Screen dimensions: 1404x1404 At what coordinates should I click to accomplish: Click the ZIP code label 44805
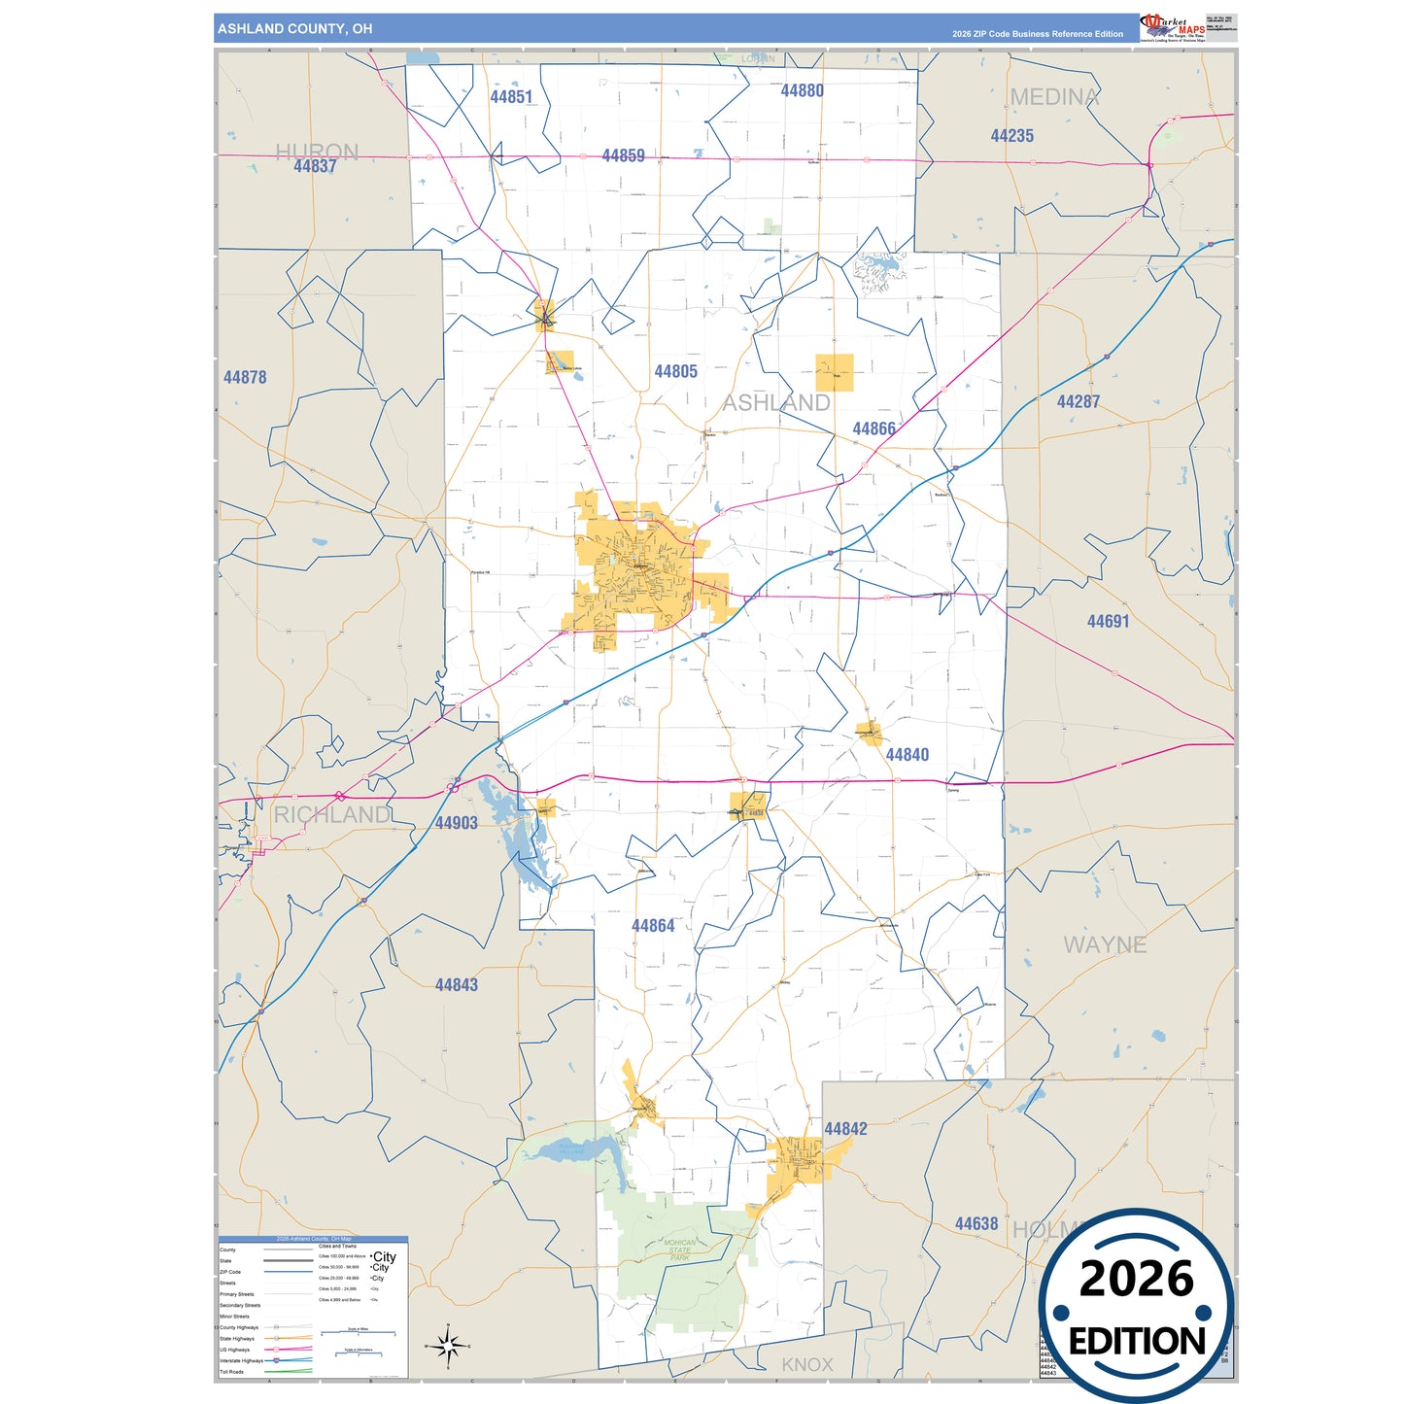point(675,371)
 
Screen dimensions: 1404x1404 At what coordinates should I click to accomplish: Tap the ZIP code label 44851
point(511,96)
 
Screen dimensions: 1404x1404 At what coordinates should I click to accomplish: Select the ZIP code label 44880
point(802,90)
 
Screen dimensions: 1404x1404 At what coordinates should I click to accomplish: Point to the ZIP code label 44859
point(623,155)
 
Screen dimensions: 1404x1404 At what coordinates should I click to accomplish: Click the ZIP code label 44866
point(873,428)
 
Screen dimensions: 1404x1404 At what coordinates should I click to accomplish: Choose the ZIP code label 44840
point(907,754)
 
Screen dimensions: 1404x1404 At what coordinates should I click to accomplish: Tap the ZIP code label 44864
point(653,926)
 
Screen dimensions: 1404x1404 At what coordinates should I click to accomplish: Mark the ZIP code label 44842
point(845,1128)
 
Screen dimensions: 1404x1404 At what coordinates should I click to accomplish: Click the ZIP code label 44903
point(456,823)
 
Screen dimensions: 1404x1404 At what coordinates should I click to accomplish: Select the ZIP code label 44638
point(976,1223)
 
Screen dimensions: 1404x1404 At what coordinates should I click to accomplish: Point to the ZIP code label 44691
point(1108,621)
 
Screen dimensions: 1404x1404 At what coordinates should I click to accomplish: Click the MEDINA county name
point(1054,97)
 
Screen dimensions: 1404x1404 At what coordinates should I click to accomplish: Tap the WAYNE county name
point(1105,944)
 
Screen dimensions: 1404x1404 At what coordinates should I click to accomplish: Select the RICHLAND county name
point(331,814)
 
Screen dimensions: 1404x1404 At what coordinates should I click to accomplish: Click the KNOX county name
point(807,1364)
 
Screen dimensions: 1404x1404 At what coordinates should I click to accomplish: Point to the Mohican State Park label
point(680,1250)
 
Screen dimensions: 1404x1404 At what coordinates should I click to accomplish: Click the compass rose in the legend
point(447,1346)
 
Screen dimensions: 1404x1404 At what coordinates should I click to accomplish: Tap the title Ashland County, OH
point(294,29)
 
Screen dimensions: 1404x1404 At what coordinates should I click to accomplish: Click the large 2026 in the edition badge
point(1136,1279)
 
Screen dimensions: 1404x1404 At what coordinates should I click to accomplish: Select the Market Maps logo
point(1174,27)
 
